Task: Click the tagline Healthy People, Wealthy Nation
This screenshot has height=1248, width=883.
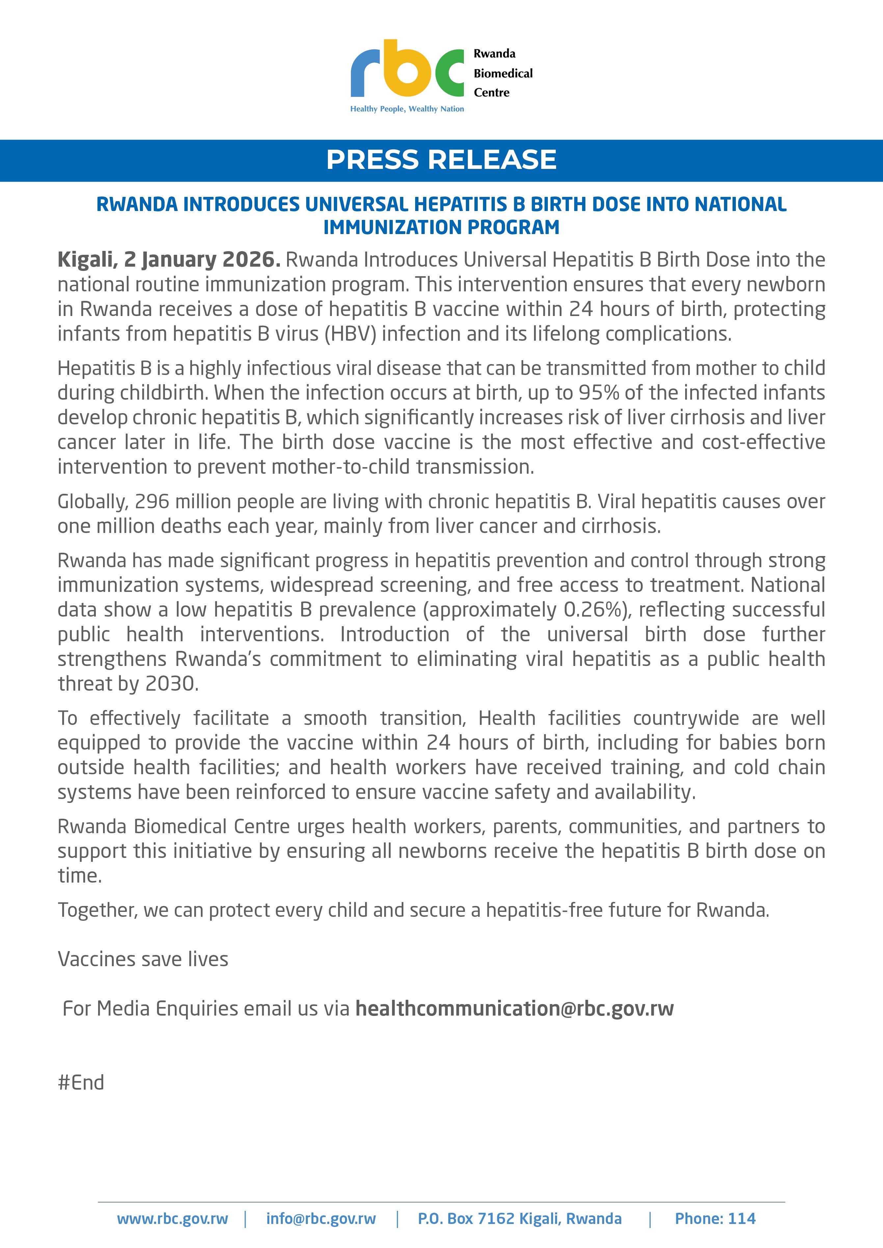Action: pyautogui.click(x=407, y=109)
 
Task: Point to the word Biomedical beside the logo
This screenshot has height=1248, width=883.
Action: pyautogui.click(x=503, y=73)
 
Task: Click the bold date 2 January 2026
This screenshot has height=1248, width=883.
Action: pyautogui.click(x=202, y=260)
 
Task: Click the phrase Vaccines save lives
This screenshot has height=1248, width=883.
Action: pyautogui.click(x=143, y=959)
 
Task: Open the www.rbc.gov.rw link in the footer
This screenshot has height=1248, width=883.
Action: pyautogui.click(x=173, y=1219)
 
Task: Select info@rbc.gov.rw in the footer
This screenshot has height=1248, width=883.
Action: pyautogui.click(x=321, y=1219)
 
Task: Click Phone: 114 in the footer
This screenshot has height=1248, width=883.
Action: pyautogui.click(x=715, y=1219)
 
